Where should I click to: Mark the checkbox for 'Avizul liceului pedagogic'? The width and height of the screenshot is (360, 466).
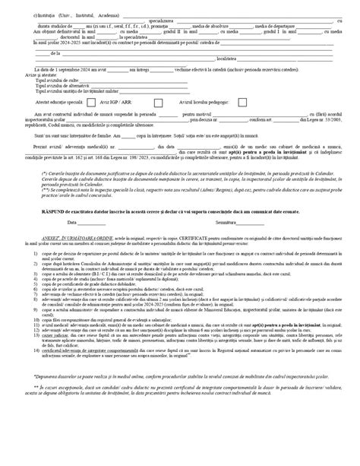[x=263, y=101]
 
